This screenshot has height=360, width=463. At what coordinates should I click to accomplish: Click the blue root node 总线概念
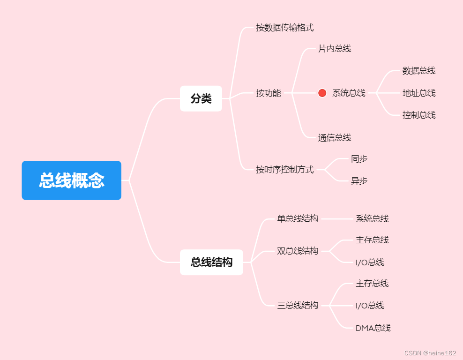(71, 180)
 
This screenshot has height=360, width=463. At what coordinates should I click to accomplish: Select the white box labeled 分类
(201, 98)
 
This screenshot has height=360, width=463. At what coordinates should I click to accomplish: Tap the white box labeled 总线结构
(211, 262)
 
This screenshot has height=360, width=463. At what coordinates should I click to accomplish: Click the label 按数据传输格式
(284, 28)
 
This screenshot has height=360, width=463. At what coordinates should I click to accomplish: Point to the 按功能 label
(268, 93)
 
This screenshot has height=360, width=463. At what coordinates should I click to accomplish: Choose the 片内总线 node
(335, 48)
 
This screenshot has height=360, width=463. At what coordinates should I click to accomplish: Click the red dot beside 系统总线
(322, 93)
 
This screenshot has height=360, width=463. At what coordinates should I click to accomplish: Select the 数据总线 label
(419, 71)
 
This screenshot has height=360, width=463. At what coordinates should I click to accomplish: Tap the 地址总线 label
(419, 93)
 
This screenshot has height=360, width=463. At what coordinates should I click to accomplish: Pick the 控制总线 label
(419, 115)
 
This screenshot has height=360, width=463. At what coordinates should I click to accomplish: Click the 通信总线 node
(335, 137)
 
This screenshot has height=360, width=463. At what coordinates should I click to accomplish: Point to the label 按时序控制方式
(284, 169)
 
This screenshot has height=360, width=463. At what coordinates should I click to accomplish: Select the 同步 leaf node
(359, 158)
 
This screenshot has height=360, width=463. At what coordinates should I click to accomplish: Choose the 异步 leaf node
(359, 180)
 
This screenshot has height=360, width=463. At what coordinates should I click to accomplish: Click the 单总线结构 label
(298, 218)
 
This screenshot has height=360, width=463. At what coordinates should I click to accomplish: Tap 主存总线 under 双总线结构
(372, 240)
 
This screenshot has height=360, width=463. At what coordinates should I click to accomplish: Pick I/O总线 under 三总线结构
(370, 305)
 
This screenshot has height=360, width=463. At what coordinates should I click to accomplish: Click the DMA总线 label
(373, 328)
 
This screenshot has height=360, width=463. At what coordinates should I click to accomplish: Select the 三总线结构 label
(298, 305)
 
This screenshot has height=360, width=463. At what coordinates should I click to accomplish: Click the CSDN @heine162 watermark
(430, 353)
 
